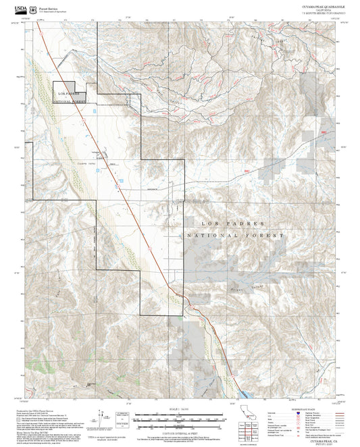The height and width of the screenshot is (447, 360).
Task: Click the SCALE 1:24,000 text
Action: tap(179, 410)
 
